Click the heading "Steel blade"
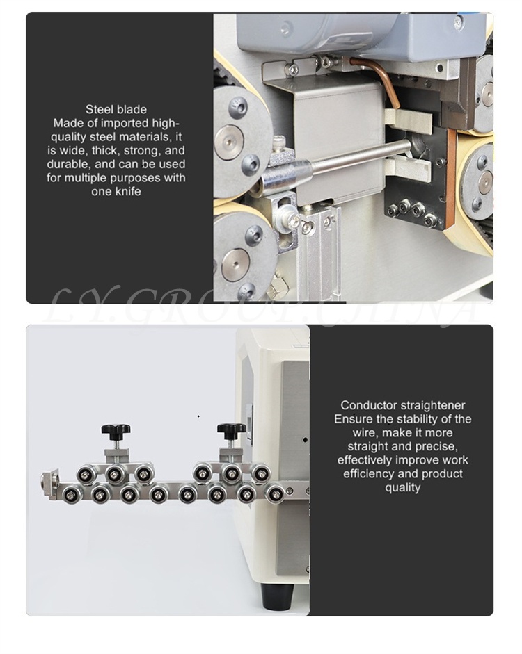pyautogui.click(x=116, y=109)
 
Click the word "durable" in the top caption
pyautogui.click(x=68, y=164)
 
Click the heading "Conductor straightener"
pyautogui.click(x=402, y=405)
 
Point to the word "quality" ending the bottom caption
pyautogui.click(x=402, y=488)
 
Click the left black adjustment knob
pyautogui.click(x=116, y=430)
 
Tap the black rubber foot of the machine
pyautogui.click(x=277, y=596)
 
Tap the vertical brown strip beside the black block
pyautogui.click(x=450, y=179)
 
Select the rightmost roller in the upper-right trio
pyautogui.click(x=261, y=473)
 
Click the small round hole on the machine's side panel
pyautogui.click(x=306, y=440)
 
